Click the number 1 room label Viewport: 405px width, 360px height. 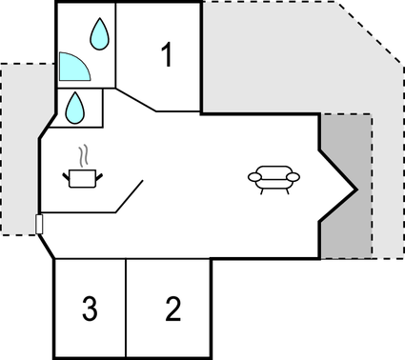click(167, 56)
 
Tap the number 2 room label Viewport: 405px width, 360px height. click(172, 309)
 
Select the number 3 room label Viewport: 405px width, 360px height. click(90, 309)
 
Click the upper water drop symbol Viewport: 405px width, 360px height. click(99, 36)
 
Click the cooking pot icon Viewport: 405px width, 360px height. click(83, 177)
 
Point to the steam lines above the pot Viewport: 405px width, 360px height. click(84, 154)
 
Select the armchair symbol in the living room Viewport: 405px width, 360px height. click(273, 177)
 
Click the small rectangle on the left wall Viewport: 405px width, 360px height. click(39, 224)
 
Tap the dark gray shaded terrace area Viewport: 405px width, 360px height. click(346, 233)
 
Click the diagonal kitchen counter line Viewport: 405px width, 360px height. click(130, 195)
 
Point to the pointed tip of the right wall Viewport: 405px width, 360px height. click(357, 189)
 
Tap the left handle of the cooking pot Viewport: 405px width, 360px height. click(67, 172)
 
